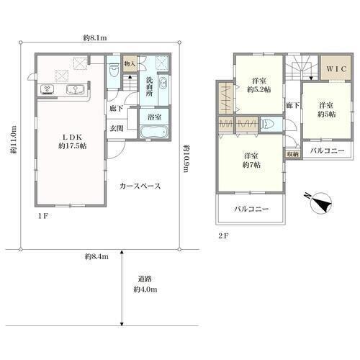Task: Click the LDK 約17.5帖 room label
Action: pyautogui.click(x=73, y=141)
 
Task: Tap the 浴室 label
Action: pyautogui.click(x=155, y=117)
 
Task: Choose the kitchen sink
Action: pyautogui.click(x=76, y=90)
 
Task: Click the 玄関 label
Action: pyautogui.click(x=117, y=128)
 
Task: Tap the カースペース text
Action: pyautogui.click(x=140, y=186)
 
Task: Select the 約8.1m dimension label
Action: pyautogui.click(x=95, y=37)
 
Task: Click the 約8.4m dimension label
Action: pyautogui.click(x=96, y=256)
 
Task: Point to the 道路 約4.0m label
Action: pyautogui.click(x=145, y=284)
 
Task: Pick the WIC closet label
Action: pyautogui.click(x=336, y=69)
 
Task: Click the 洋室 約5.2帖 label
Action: pyautogui.click(x=259, y=85)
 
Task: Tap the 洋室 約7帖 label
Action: pyautogui.click(x=251, y=161)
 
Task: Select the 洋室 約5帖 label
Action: pyautogui.click(x=326, y=109)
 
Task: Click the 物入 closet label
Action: pyautogui.click(x=130, y=64)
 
